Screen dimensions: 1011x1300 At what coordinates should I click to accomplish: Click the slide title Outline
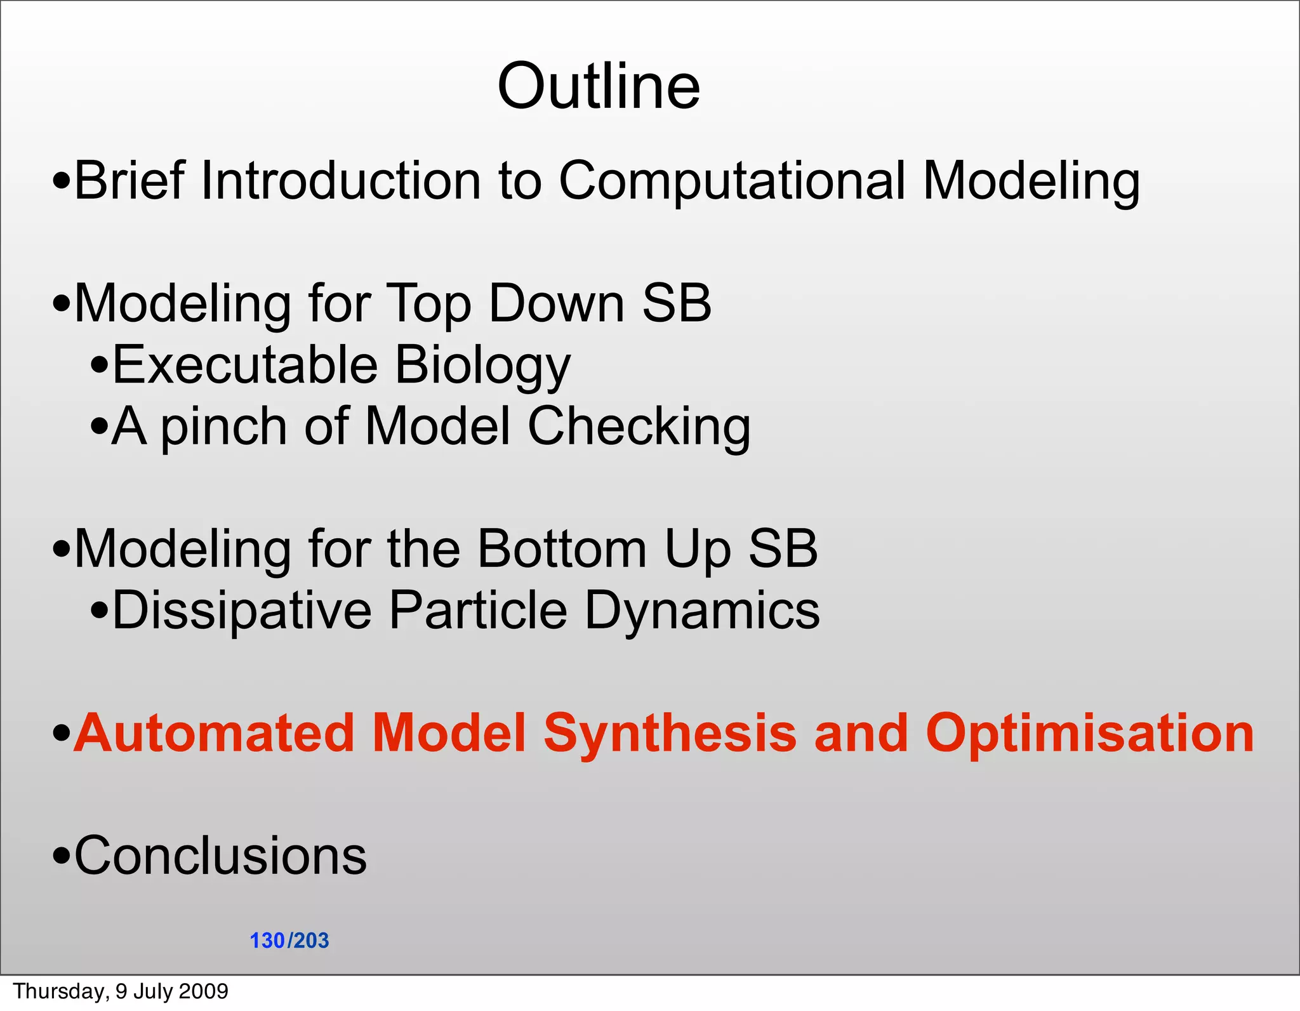(x=599, y=87)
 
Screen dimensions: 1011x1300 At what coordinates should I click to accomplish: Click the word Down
(x=557, y=304)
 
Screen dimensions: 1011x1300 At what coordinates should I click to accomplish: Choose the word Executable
(x=245, y=366)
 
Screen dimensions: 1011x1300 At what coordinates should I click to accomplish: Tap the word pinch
(x=223, y=427)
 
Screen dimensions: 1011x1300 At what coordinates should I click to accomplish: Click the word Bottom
(x=562, y=548)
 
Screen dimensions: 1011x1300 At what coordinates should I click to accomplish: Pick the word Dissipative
(x=242, y=611)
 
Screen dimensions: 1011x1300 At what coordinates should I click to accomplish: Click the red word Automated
(x=213, y=733)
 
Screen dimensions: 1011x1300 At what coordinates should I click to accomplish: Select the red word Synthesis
(x=670, y=733)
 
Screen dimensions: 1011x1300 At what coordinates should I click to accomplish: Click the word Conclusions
(x=220, y=856)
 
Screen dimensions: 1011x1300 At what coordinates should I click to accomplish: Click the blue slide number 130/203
(x=289, y=940)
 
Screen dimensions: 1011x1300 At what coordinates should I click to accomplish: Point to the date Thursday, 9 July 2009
(x=121, y=991)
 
